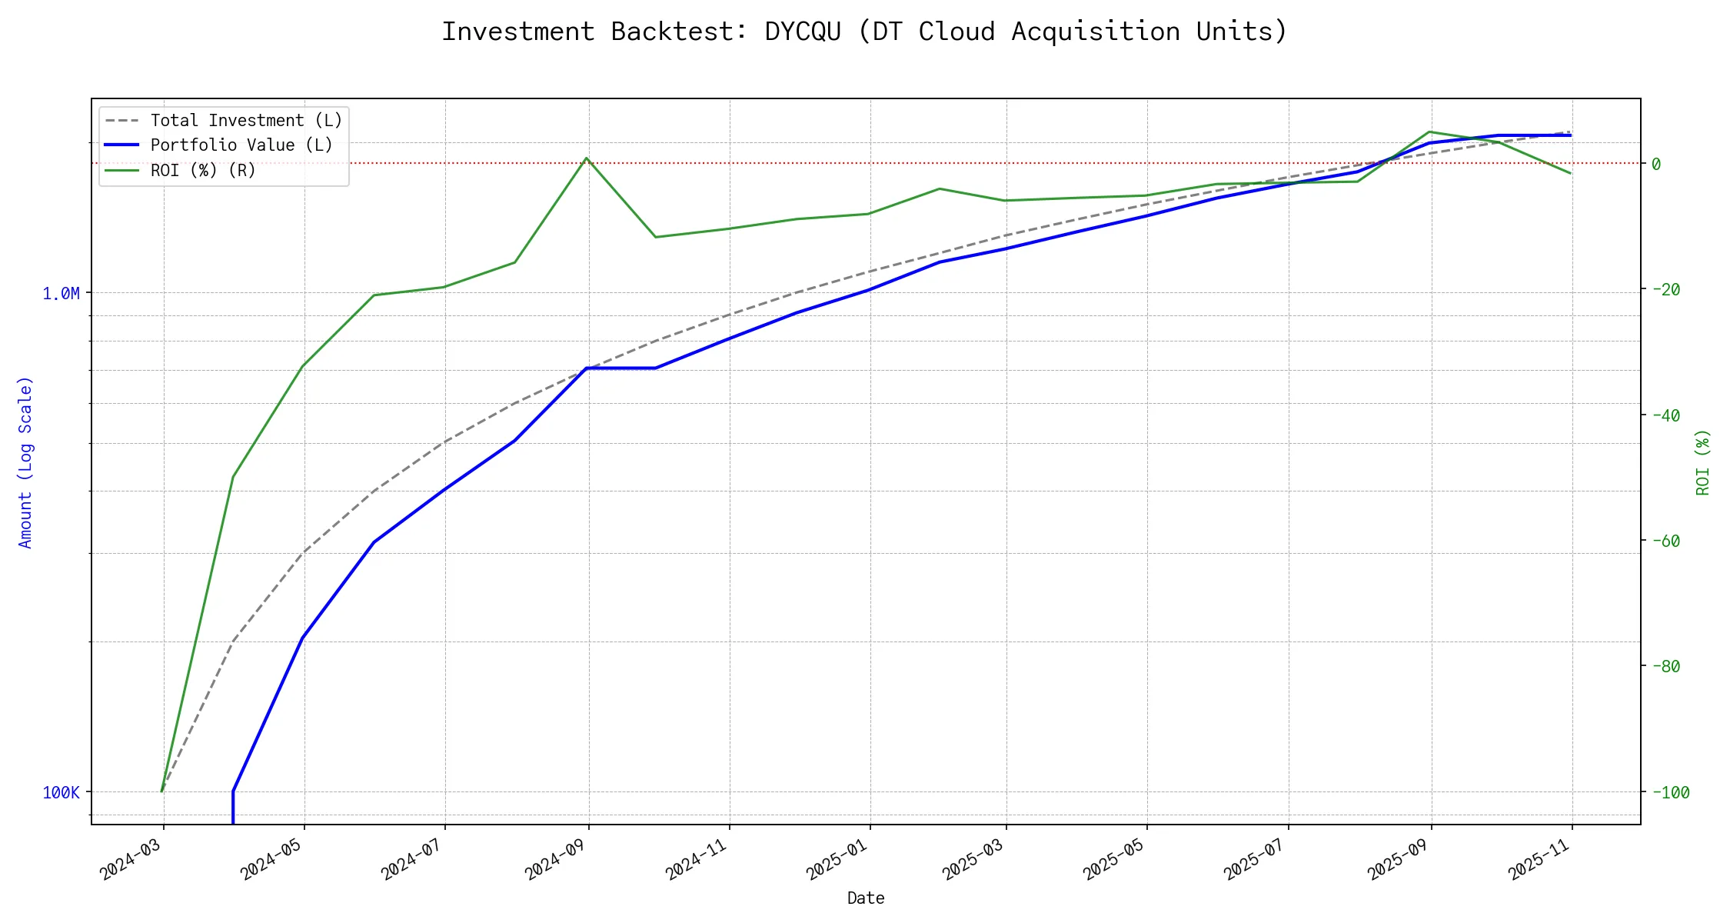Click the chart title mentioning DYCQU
(864, 32)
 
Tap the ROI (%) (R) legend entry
(203, 170)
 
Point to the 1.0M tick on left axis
(61, 293)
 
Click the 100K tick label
(61, 792)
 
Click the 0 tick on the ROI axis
(1656, 164)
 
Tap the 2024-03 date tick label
(131, 858)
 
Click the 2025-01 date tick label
(838, 858)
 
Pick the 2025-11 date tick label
(1540, 858)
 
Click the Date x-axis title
(866, 898)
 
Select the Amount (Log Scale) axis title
(25, 462)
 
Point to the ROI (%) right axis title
(1703, 462)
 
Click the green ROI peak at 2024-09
(587, 158)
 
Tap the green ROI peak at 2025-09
(1429, 132)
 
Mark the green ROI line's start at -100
(161, 791)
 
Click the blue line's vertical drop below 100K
(233, 809)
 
